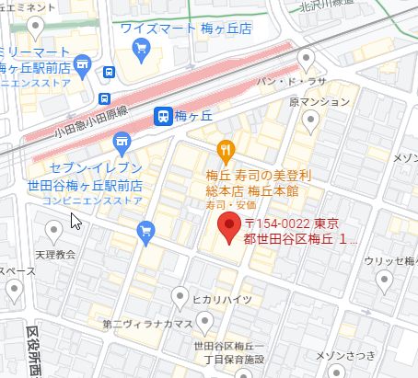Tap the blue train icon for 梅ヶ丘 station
tap(162, 115)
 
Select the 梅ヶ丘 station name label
tap(193, 115)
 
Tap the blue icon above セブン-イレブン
tap(120, 143)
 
